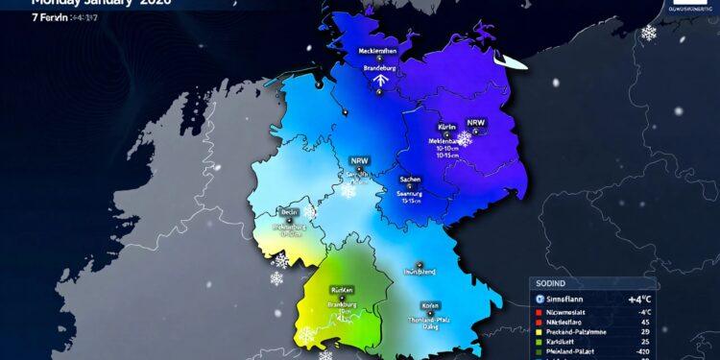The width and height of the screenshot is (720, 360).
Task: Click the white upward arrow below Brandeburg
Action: (x=379, y=83)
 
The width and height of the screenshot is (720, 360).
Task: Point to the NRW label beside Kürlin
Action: (x=476, y=123)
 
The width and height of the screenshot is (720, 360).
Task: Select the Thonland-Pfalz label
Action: (x=431, y=320)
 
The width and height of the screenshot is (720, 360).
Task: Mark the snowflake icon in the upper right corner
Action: (x=649, y=33)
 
